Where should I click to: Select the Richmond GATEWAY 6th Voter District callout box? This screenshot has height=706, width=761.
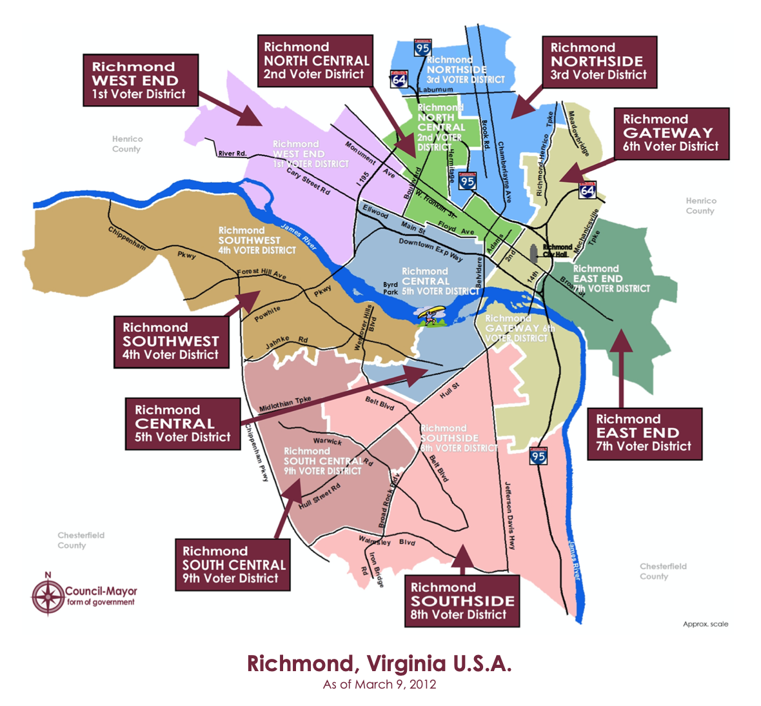671,133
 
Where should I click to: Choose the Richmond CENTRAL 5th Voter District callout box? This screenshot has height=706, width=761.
183,424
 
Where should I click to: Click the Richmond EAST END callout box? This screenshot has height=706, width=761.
644,433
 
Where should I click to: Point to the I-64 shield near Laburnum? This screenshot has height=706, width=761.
399,79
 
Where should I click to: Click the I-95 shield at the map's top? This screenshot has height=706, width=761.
423,48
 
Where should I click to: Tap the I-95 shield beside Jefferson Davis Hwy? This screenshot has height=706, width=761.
538,456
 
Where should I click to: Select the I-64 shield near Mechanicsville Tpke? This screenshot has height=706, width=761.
587,190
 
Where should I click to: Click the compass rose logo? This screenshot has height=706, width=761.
48,596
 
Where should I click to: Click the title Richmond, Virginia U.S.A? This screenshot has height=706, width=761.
379,664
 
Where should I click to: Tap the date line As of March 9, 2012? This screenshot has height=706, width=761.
379,685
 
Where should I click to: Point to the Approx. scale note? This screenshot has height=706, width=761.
706,624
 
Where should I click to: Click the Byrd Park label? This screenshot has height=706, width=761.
391,288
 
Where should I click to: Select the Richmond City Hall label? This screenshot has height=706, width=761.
557,250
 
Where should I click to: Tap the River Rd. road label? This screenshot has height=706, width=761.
232,154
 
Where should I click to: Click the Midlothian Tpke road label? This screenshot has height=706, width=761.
285,405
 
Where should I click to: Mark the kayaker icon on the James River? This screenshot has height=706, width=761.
428,317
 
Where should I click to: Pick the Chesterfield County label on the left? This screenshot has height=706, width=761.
81,540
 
